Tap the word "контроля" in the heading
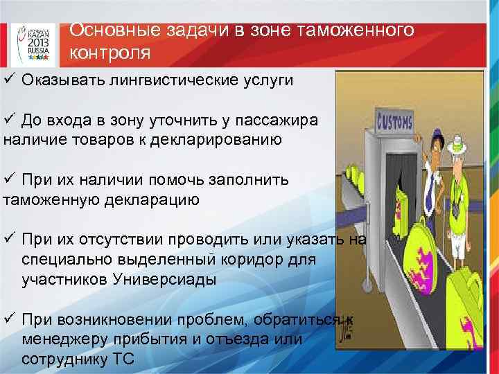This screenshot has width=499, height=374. click(110, 53)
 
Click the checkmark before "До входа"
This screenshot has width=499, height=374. click(9, 120)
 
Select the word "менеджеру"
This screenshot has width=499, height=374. click(63, 340)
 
